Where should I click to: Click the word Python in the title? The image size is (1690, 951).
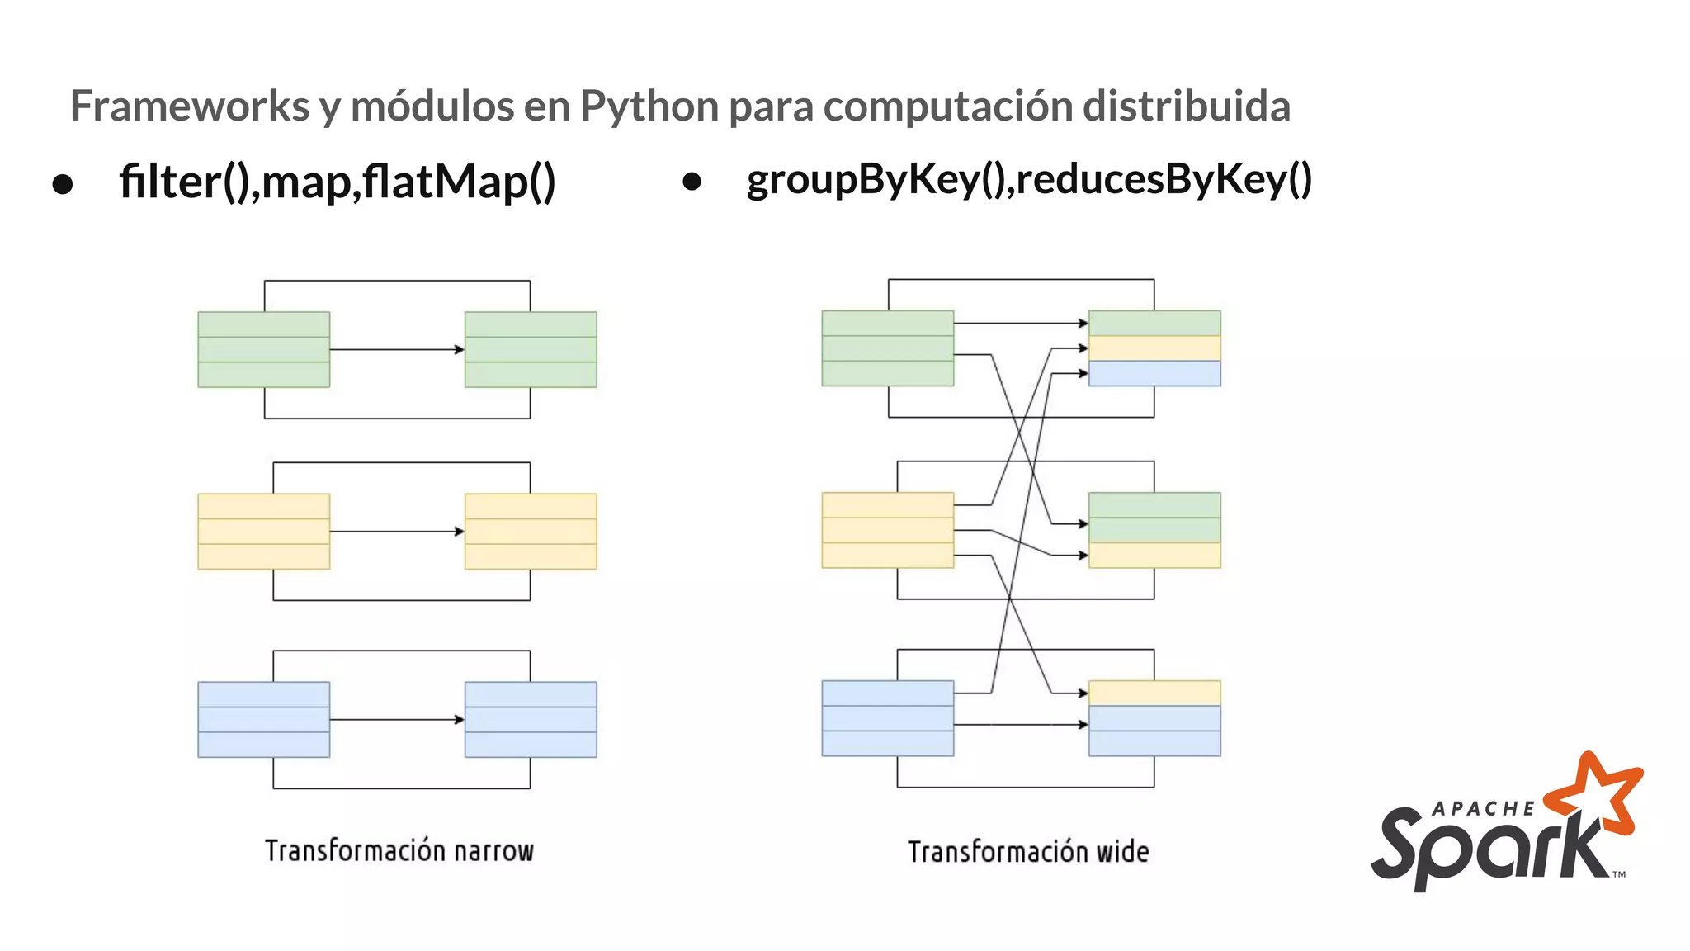tap(649, 107)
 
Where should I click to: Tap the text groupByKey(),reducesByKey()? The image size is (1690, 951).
tap(1028, 180)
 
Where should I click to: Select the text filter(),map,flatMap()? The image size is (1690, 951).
tap(337, 182)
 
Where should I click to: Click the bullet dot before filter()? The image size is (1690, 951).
tap(63, 184)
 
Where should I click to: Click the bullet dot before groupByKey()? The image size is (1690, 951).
tap(692, 182)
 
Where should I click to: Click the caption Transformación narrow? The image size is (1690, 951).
tap(399, 850)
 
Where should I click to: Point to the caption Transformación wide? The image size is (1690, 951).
tap(1027, 851)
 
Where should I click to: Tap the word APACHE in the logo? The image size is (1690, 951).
tap(1483, 809)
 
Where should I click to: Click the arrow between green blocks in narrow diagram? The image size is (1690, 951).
tap(396, 349)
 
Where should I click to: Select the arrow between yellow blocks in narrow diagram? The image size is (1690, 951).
tap(396, 531)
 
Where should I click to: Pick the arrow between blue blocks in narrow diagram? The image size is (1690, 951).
tap(396, 719)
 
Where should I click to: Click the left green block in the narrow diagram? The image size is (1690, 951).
tap(264, 349)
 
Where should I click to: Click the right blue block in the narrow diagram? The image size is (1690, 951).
tap(531, 719)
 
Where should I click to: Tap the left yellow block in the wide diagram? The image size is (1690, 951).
tap(888, 530)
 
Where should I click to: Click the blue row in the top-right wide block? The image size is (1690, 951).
tap(1154, 373)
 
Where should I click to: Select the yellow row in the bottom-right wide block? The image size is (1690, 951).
tap(1154, 693)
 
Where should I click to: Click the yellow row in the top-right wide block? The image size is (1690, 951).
tap(1154, 348)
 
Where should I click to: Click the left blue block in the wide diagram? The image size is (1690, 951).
tap(888, 718)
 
